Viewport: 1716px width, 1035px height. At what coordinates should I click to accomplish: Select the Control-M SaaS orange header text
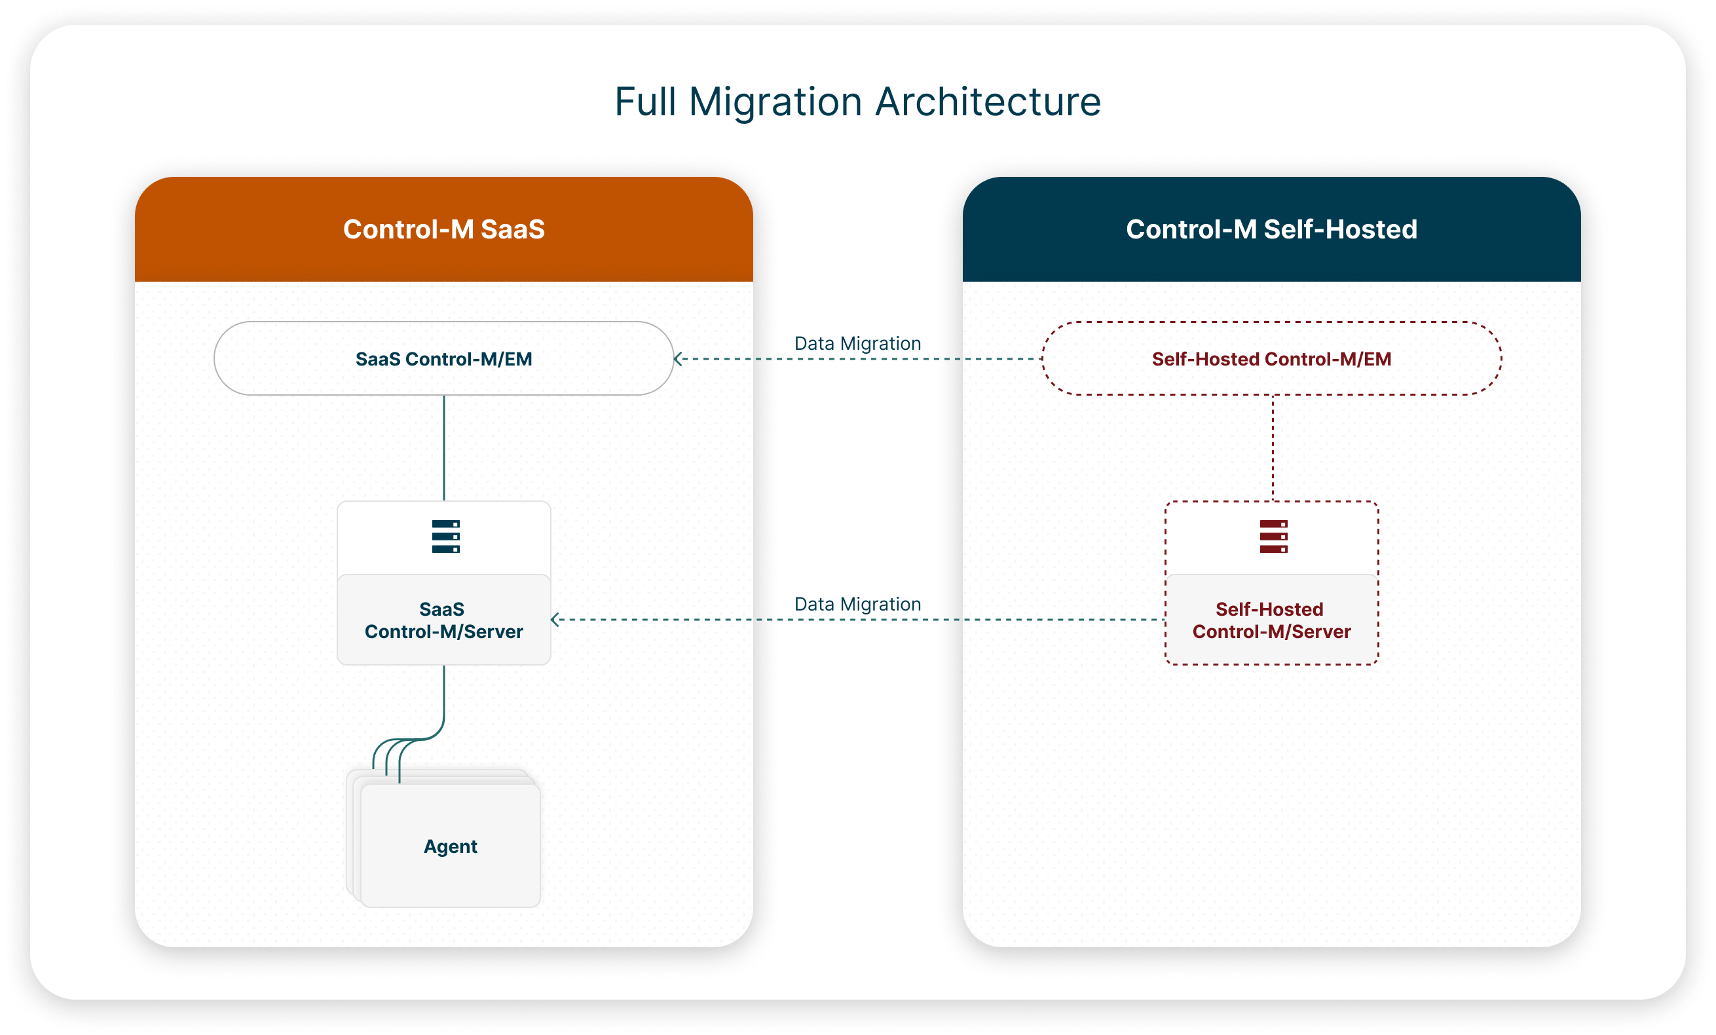click(x=443, y=229)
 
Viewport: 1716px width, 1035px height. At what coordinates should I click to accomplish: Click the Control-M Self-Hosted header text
click(x=1271, y=229)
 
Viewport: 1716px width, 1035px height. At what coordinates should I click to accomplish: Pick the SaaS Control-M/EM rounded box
click(x=443, y=359)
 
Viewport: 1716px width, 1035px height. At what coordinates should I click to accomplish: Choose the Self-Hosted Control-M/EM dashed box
click(x=1271, y=359)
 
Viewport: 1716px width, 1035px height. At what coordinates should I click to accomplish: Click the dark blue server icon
click(x=446, y=536)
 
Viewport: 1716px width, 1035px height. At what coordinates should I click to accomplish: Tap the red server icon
click(x=1273, y=536)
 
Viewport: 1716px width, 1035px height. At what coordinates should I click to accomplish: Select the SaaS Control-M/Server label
click(x=443, y=620)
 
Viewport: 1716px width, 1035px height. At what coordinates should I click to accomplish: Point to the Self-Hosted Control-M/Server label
click(x=1271, y=620)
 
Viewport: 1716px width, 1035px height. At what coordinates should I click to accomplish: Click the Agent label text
click(x=450, y=846)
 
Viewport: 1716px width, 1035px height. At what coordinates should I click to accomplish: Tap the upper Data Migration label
click(x=857, y=343)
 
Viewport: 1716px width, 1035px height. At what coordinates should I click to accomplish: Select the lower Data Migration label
click(x=857, y=604)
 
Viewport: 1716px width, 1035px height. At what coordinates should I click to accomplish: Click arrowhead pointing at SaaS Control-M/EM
click(x=678, y=359)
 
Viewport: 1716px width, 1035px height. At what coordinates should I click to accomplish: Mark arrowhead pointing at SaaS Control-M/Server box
click(x=555, y=619)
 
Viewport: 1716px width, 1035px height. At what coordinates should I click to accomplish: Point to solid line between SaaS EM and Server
click(x=443, y=447)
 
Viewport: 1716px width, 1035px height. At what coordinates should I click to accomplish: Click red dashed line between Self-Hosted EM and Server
click(x=1273, y=447)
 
